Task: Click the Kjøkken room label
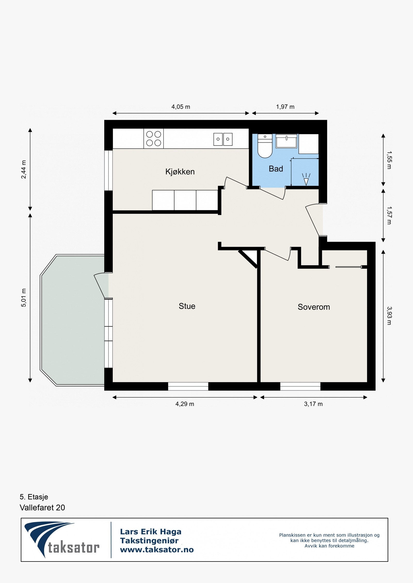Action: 180,172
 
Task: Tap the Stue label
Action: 187,306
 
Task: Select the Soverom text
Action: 314,307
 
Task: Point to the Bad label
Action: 276,169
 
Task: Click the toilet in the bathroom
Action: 265,146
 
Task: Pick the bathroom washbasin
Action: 286,141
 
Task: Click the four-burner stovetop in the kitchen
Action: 154,139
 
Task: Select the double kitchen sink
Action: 223,139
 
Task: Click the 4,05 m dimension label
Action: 181,107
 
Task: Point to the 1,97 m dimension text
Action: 285,107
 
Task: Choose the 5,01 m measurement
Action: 23,298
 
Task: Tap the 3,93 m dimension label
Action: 389,316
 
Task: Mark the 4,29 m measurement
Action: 185,404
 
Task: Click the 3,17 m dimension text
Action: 313,404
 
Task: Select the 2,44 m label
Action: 23,169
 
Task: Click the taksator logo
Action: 62,539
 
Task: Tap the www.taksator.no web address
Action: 157,550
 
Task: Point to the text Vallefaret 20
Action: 42,508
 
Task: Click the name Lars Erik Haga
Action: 151,532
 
